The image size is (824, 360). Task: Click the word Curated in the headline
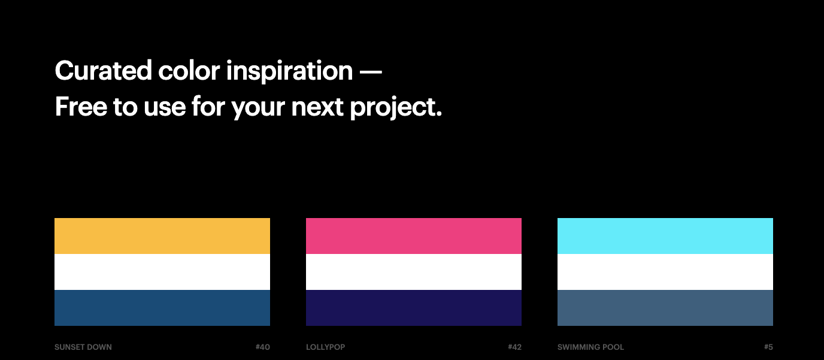pos(104,70)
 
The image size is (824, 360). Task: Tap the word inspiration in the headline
pos(289,72)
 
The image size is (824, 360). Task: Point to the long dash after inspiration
pos(371,71)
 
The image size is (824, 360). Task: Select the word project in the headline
pos(395,108)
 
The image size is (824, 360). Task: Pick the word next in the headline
pos(317,107)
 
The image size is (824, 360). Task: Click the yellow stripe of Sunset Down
pos(162,236)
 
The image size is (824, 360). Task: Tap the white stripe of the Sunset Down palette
pos(162,272)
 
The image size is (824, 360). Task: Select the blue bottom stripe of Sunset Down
pos(162,308)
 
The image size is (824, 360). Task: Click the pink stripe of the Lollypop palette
pos(414,236)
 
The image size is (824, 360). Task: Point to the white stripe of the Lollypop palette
pos(414,272)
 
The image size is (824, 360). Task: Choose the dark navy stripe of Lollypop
pos(414,308)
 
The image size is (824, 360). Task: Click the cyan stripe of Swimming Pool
pos(665,236)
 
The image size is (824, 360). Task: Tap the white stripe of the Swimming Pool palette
pos(665,272)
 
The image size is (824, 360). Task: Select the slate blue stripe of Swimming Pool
pos(665,308)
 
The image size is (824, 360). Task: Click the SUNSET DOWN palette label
pos(83,347)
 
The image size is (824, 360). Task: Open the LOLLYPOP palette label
pos(326,347)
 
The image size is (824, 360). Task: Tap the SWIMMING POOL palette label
pos(590,347)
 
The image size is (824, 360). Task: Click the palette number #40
pos(263,347)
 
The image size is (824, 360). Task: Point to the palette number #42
pos(514,347)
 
